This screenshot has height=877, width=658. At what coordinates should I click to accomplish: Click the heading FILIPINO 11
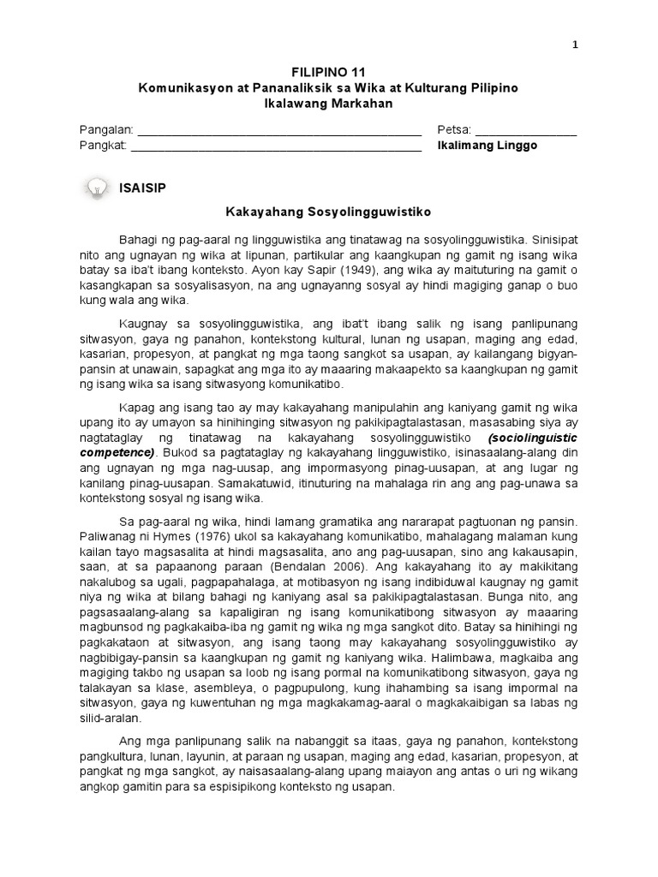click(328, 75)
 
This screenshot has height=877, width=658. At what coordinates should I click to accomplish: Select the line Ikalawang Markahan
click(328, 104)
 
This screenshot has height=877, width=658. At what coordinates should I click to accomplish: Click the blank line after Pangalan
click(279, 130)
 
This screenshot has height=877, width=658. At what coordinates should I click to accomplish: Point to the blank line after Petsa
click(525, 130)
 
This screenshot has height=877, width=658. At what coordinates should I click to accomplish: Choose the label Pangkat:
click(103, 146)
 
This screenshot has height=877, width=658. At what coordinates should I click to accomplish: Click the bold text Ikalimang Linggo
click(488, 146)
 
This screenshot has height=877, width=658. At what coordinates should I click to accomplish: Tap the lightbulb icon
click(97, 188)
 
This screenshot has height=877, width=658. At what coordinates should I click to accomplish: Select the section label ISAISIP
click(144, 188)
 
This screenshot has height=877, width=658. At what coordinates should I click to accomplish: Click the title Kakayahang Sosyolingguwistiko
click(327, 210)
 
